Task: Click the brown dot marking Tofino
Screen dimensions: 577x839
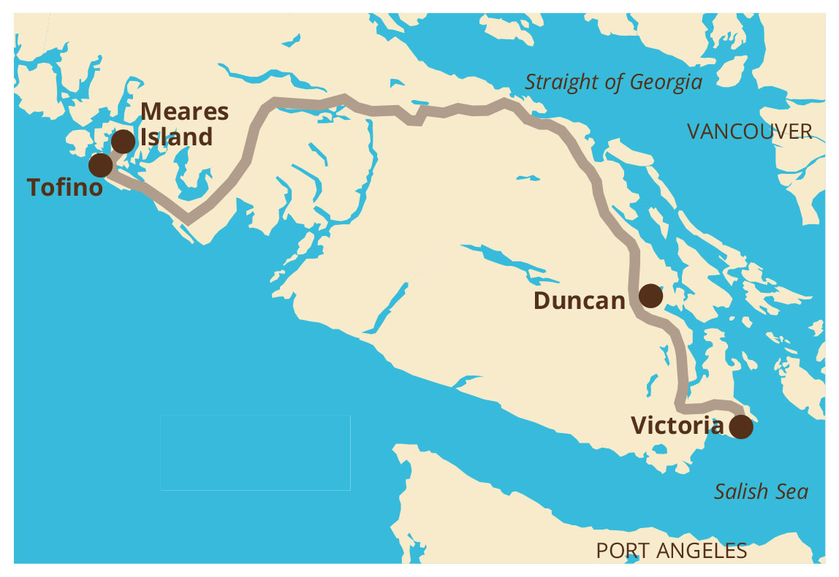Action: (x=101, y=165)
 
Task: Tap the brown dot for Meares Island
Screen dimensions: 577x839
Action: (x=123, y=141)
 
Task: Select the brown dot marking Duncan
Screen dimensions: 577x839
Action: (x=650, y=296)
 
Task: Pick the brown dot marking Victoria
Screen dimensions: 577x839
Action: (x=741, y=427)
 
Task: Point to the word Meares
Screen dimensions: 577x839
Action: (x=184, y=112)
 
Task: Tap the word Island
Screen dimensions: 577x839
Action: (x=177, y=137)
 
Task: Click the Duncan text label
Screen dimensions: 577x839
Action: (x=579, y=300)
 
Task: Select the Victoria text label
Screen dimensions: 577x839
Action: (x=677, y=426)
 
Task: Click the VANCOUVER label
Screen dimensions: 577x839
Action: (x=749, y=131)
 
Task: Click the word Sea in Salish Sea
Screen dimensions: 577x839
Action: (x=792, y=492)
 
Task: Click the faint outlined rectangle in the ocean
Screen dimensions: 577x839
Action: (x=255, y=453)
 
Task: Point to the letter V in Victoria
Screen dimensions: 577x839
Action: (x=639, y=426)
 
